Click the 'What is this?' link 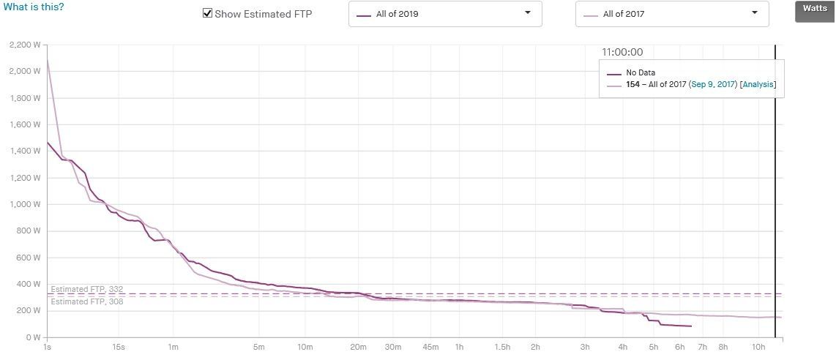(34, 8)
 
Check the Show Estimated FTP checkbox (208, 13)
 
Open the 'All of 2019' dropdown (445, 14)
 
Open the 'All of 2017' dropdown (672, 14)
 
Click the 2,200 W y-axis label (25, 45)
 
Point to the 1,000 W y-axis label (25, 204)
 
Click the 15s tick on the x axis (119, 348)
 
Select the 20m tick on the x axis (358, 348)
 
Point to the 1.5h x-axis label (502, 348)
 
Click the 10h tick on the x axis (758, 348)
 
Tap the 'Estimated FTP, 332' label (87, 289)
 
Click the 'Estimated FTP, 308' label (87, 301)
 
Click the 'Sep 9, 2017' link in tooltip (713, 84)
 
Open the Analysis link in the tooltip (758, 84)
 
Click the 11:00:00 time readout (622, 52)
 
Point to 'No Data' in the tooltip (641, 72)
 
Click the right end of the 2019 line (692, 326)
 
